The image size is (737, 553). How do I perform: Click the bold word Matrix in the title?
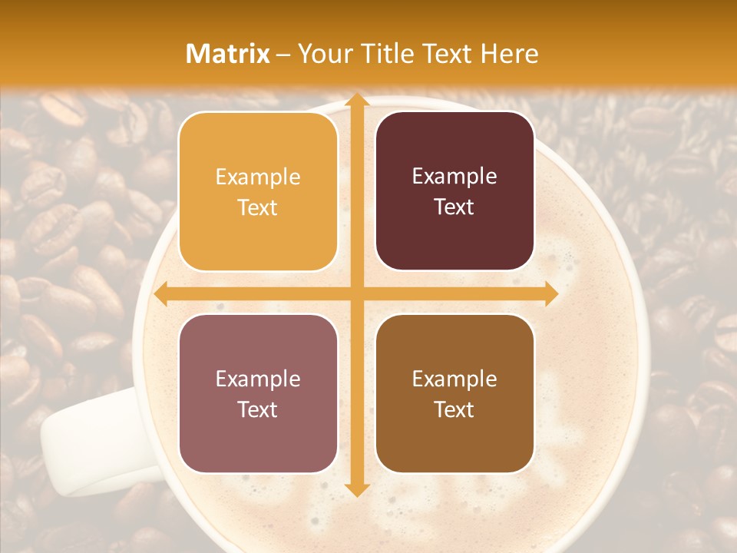click(x=228, y=54)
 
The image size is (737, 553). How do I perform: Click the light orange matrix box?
click(x=258, y=191)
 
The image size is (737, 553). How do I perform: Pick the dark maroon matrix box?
click(x=454, y=191)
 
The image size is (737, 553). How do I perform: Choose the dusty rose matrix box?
click(x=258, y=393)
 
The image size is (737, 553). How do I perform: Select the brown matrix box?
click(x=454, y=393)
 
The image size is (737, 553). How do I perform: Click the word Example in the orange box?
click(x=258, y=177)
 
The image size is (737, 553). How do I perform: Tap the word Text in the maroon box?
click(x=454, y=207)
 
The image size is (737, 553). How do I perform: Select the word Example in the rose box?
click(x=258, y=379)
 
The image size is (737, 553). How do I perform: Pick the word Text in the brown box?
click(x=454, y=410)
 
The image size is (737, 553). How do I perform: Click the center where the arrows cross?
click(x=356, y=293)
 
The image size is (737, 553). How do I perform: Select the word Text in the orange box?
click(x=258, y=208)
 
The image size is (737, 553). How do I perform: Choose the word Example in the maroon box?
click(x=454, y=177)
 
